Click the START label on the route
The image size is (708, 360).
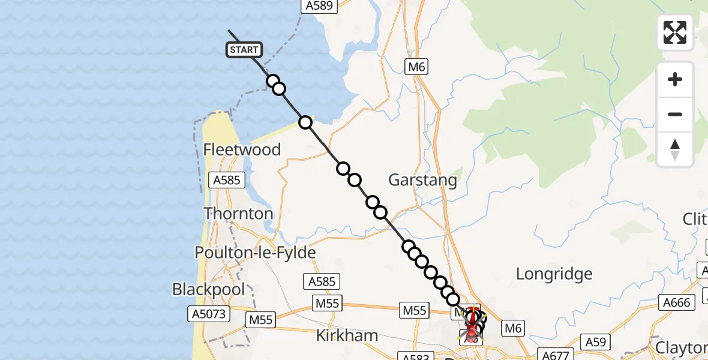coord(244,50)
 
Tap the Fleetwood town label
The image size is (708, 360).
coord(242,149)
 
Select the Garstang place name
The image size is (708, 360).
coord(422,179)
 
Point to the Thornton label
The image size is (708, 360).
coord(238,214)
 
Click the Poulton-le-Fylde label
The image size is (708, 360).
coord(256,253)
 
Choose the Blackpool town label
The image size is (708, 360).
coord(208,289)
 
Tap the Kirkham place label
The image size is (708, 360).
coord(347,335)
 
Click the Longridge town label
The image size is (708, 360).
coord(554,274)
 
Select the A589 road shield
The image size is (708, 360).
coord(319,5)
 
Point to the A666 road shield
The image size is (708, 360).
coord(675,303)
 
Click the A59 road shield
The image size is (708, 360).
coord(596,341)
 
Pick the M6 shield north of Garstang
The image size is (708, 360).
coord(416,67)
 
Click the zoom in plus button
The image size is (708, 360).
coord(675,79)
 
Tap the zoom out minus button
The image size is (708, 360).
coord(675,114)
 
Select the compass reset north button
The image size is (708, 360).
coord(675,149)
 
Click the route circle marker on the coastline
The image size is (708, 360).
coord(305,122)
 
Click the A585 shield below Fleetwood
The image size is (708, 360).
coord(226,179)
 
